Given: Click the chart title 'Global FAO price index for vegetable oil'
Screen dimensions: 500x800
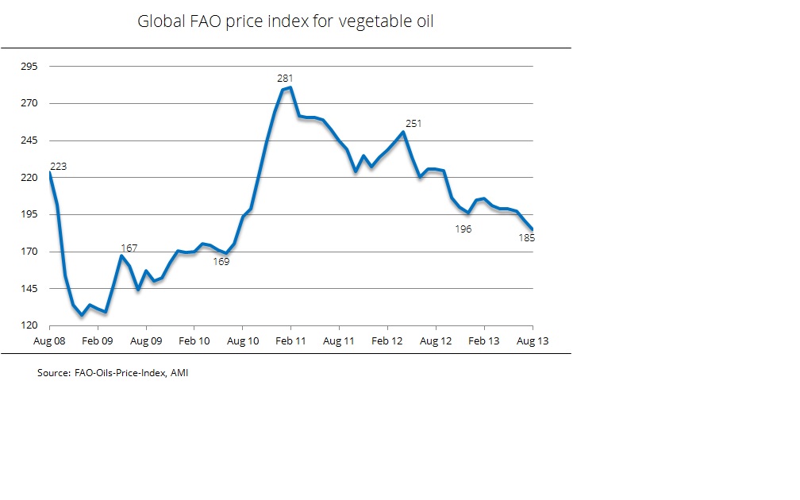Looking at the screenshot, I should coord(286,21).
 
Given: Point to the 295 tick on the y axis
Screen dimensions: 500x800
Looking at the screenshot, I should coord(29,67).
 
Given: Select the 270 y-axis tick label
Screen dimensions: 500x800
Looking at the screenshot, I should coord(29,104).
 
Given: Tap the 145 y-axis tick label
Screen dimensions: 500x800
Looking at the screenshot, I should coord(29,289).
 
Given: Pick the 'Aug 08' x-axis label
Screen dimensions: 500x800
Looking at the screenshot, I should coord(49,340).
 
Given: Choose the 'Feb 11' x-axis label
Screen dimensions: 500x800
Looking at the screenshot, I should coord(290,340).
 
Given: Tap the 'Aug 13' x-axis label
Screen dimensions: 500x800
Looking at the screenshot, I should coord(532,340).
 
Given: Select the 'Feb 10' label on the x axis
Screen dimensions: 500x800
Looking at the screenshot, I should coord(194,340).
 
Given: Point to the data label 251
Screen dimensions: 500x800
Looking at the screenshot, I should coord(413,123).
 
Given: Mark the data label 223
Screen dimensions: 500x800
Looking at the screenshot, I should coord(58,167).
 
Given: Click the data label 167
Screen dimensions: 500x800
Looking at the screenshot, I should coord(129,248).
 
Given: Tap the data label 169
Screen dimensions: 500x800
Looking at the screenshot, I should coord(221,261).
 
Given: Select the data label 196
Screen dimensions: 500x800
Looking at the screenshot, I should coord(463,229).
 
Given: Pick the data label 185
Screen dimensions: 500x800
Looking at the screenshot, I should coord(526,237).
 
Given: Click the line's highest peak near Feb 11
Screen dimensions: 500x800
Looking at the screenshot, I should coord(290,87).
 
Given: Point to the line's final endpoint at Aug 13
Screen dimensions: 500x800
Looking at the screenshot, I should coord(533,229).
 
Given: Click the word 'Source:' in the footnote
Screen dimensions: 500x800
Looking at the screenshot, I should coord(53,372).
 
